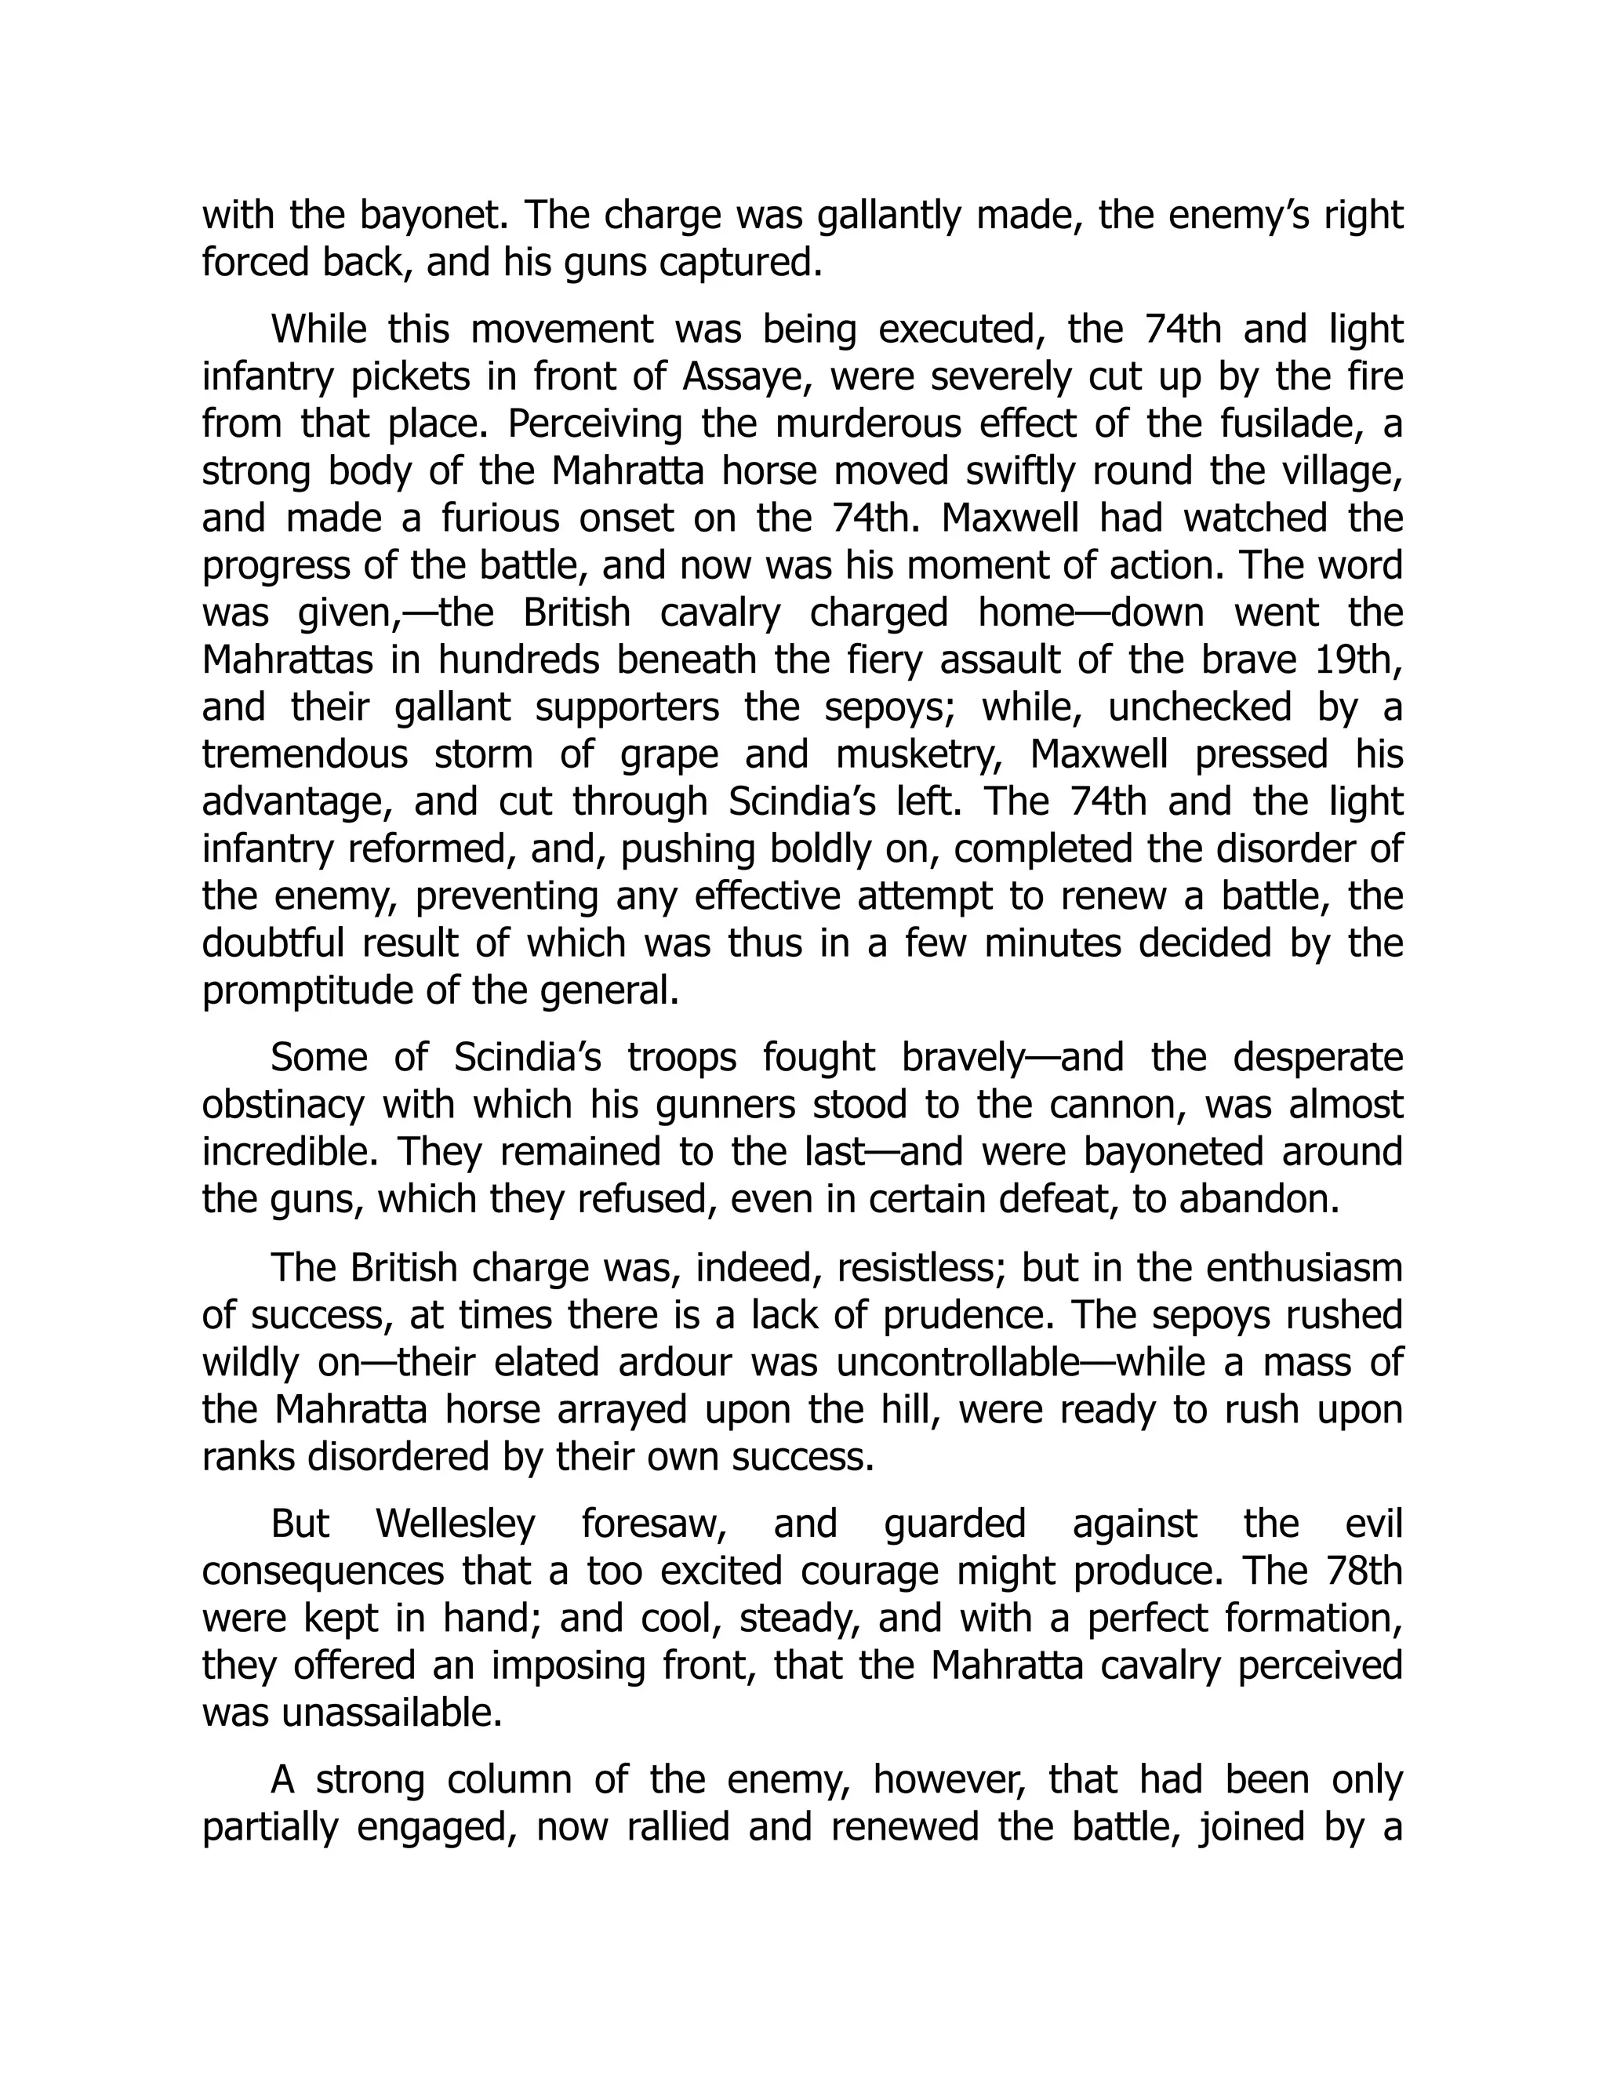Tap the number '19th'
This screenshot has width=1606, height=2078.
click(x=1359, y=660)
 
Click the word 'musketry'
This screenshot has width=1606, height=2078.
click(x=918, y=754)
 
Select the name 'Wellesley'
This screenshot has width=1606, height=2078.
click(x=456, y=1524)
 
